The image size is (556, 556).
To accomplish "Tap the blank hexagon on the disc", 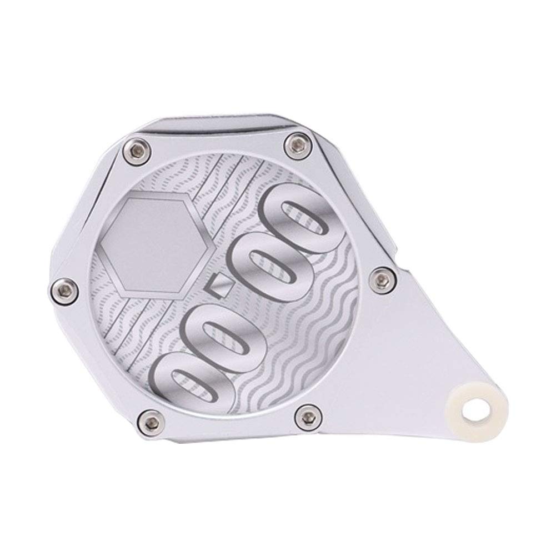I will tap(157, 244).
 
